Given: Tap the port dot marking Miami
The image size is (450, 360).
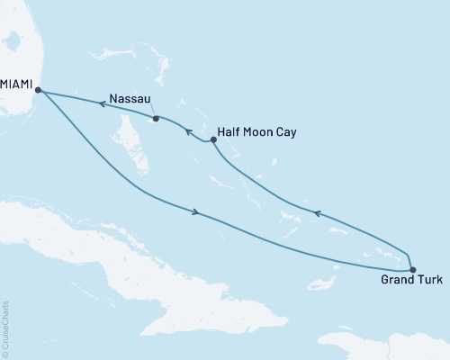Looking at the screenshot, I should coord(37,89).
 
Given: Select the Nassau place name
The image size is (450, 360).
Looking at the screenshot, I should coord(129,98).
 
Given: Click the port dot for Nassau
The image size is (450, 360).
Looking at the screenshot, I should coord(156,118).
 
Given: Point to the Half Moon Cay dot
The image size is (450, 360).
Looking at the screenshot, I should coord(213,139).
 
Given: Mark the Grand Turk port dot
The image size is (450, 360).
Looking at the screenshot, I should coord(412,269).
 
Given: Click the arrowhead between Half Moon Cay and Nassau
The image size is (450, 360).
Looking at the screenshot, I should coord(189,133).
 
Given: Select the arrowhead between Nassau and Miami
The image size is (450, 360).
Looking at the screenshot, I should coord(102,104).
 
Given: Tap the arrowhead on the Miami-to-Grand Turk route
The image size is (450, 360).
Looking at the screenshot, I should coord(194,212).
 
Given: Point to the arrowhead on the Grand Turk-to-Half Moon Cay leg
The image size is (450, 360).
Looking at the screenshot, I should coord(315,213).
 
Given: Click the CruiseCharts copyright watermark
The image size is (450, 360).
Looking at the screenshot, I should coord(5,324).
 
